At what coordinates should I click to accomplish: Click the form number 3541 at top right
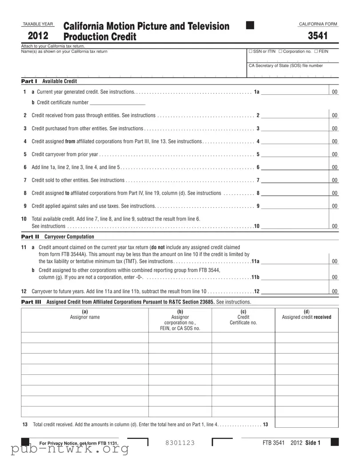coord(320,36)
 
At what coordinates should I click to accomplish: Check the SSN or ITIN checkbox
coord(251,52)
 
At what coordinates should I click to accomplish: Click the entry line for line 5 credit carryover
coord(294,154)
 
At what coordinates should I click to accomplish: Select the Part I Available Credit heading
coord(49,81)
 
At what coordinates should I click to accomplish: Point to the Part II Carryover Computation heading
coord(58,237)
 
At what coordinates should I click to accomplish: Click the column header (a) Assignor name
coord(85,314)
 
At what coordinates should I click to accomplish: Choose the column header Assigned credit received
coord(306,317)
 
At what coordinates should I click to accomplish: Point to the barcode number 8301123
coord(180,443)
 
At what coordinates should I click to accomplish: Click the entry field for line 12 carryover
coord(294,291)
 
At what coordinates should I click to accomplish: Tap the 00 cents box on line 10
coord(335,226)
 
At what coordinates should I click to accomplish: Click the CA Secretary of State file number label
coord(286,66)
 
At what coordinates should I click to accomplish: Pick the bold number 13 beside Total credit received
coord(265,425)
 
